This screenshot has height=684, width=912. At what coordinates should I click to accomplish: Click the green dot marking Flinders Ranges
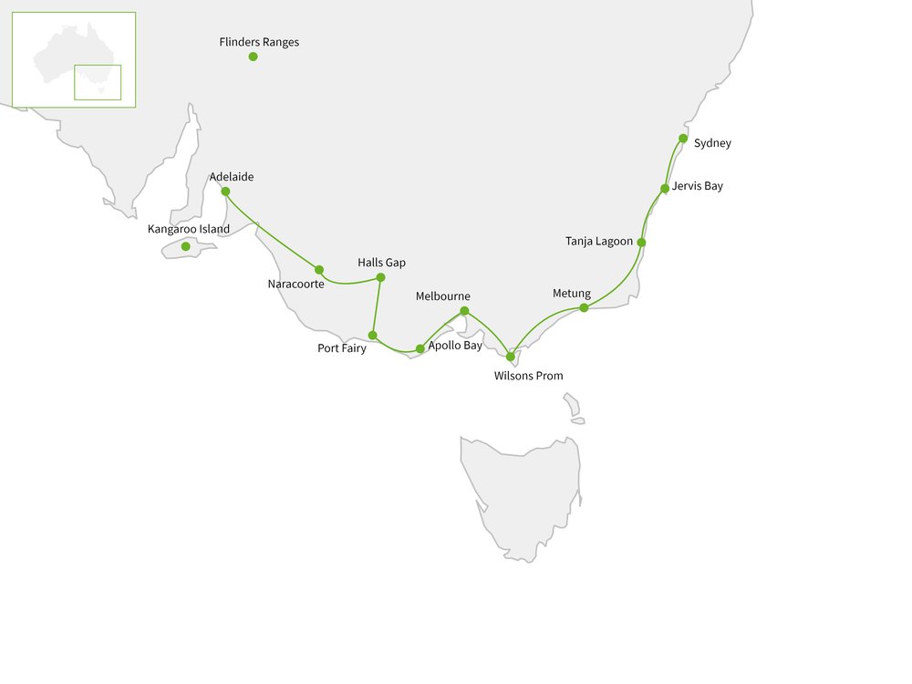[x=253, y=57]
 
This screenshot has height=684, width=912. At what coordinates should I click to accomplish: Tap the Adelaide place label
[x=231, y=177]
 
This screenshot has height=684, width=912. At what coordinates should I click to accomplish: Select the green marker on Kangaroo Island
[x=185, y=246]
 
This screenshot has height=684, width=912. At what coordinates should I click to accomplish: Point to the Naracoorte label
[x=295, y=285]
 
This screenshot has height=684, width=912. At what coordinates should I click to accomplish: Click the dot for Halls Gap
[x=380, y=277]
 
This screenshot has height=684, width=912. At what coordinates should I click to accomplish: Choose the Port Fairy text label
[x=341, y=348]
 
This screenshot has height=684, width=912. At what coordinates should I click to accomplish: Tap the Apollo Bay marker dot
[x=420, y=348]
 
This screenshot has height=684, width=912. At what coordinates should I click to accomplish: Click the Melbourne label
[x=442, y=296]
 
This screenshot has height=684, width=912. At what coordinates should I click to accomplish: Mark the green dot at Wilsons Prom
[x=510, y=357]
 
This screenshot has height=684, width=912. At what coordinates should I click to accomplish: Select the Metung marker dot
[x=584, y=307]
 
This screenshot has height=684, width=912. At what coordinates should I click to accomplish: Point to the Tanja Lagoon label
[x=598, y=242]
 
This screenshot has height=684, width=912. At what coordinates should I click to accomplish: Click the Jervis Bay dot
[x=665, y=189]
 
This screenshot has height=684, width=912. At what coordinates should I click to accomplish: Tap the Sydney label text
[x=712, y=143]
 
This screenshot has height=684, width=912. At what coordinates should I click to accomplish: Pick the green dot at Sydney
[x=683, y=139]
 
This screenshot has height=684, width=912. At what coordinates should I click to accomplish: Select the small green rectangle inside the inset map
[x=98, y=82]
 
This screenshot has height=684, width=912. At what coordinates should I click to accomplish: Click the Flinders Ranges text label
[x=259, y=42]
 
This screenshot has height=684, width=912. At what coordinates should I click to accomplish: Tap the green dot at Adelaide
[x=225, y=192]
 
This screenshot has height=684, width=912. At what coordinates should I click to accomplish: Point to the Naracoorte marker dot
[x=318, y=269]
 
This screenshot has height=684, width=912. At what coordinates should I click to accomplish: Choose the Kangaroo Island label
[x=189, y=229]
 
